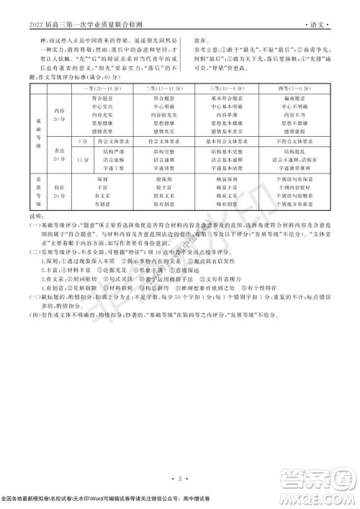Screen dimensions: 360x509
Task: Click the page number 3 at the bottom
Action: coord(179,477)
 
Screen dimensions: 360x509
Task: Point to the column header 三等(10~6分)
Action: coord(233,86)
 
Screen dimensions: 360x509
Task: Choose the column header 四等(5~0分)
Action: coord(297,86)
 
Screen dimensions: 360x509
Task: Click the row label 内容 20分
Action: coord(60,114)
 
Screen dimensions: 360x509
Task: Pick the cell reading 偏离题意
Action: coord(297,96)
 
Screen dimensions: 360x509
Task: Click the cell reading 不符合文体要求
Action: coord(297,143)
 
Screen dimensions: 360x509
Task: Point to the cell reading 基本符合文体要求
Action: coord(233,143)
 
